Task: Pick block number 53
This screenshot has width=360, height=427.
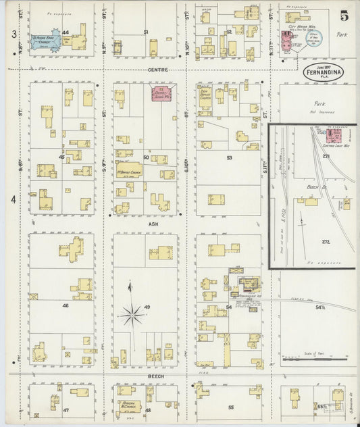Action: click(x=230, y=157)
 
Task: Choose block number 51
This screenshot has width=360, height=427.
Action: click(x=146, y=32)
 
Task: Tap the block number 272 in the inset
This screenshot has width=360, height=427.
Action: click(x=328, y=241)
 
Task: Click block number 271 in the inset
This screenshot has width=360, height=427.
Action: click(x=325, y=156)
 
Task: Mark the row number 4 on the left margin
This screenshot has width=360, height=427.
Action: click(x=13, y=200)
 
